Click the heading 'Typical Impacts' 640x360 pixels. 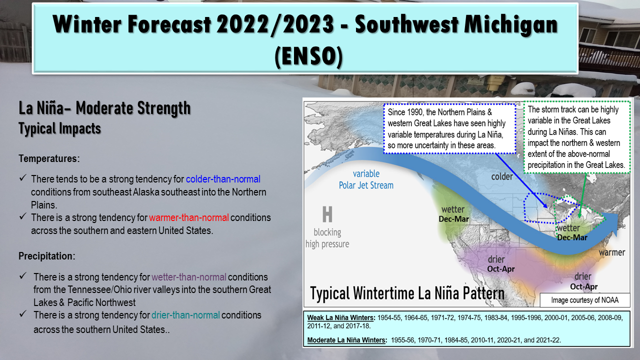[59, 128]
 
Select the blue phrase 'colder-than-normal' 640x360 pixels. [223, 179]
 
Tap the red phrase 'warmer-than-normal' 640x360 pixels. [189, 217]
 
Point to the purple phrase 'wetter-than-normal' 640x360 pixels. [189, 277]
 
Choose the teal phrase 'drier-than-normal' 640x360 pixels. [185, 315]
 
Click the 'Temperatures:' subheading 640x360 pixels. [49, 158]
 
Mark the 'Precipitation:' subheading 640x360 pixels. [47, 256]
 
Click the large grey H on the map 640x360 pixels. [327, 214]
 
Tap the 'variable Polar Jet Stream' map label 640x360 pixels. [366, 179]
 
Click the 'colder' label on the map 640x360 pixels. [502, 176]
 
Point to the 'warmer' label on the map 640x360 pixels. [612, 252]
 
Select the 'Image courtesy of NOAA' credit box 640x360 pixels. [585, 300]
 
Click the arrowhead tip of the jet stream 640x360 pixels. [617, 236]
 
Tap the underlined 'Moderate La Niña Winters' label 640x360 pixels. [347, 340]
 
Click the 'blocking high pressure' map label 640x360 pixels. [327, 238]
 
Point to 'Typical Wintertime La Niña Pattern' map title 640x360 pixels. [407, 293]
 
